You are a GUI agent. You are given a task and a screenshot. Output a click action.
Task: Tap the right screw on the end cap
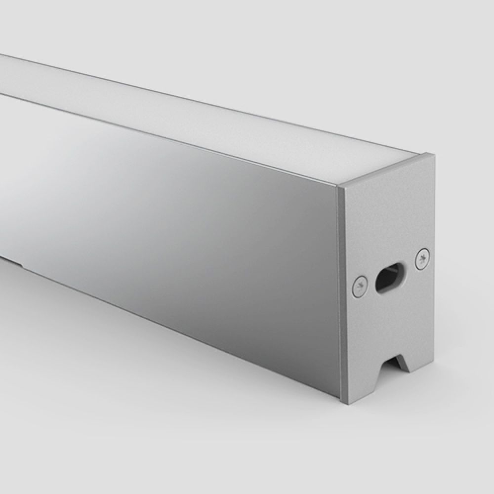click(421, 258)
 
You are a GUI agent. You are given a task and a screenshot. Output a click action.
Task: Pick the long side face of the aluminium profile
click(188, 222)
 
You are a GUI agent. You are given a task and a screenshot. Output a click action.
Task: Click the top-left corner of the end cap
click(339, 188)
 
